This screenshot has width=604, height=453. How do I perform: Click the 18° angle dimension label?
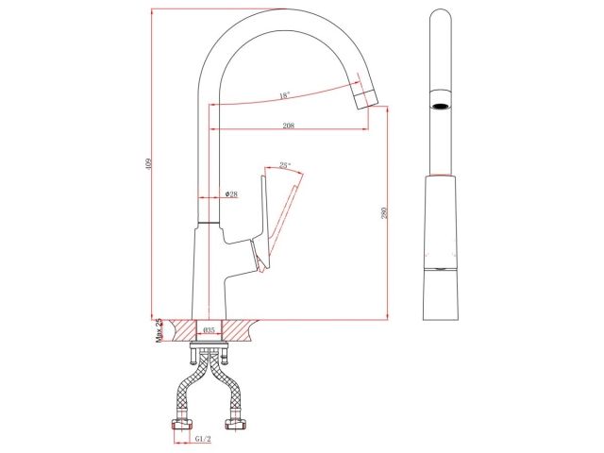click(x=284, y=95)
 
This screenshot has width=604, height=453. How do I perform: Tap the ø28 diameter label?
click(x=231, y=194)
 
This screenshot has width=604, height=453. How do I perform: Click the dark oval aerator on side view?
click(x=440, y=106)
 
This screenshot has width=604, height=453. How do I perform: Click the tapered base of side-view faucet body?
click(x=440, y=293)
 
